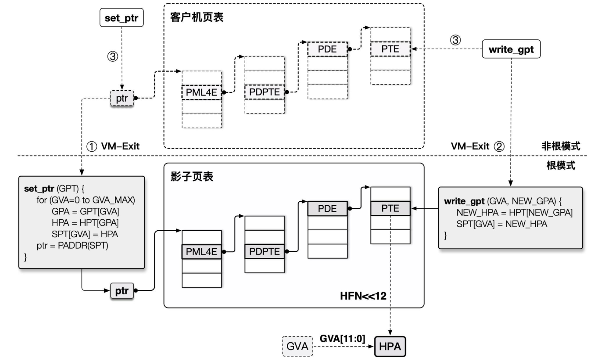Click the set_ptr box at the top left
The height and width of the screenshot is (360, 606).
122,18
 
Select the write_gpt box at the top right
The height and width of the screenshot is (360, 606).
511,49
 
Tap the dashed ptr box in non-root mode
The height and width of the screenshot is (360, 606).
122,98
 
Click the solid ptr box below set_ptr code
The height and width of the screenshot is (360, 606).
122,291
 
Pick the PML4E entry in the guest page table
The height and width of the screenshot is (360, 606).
202,92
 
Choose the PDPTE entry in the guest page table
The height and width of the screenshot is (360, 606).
264,92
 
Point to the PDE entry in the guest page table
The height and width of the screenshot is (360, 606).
327,49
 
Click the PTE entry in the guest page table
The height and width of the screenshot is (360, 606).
390,49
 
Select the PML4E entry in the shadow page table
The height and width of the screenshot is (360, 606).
202,252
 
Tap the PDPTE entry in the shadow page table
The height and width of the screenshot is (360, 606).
264,251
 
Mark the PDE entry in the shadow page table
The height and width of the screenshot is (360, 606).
327,209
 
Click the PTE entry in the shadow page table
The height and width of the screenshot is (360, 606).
390,208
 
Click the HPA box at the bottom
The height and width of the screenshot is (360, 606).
390,347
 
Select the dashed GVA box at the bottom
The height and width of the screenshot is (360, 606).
297,346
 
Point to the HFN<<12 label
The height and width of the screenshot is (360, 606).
363,296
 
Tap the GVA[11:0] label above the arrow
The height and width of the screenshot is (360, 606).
342,339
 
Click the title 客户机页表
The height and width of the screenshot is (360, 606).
197,17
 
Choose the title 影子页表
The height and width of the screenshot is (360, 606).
192,177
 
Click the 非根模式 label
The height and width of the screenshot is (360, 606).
561,146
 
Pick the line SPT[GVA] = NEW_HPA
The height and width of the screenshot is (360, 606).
502,224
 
